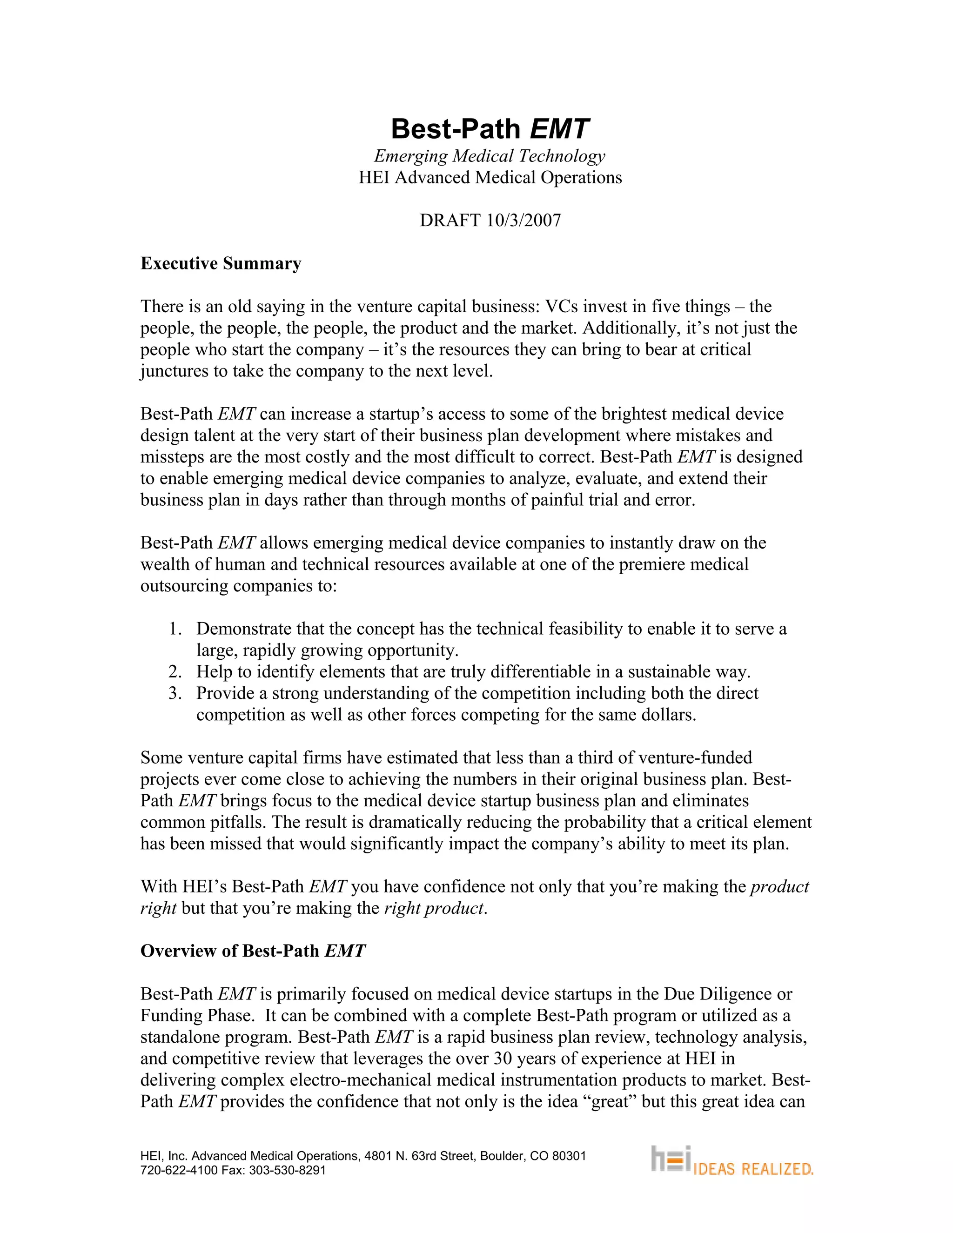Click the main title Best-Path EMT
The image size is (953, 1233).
coord(490,129)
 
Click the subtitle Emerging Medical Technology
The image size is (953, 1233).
coord(490,156)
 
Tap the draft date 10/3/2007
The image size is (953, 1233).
coord(523,220)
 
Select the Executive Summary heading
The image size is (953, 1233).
coord(221,264)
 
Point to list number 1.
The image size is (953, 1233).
coord(175,629)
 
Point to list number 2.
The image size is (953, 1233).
coord(175,672)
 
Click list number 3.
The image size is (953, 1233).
coord(175,693)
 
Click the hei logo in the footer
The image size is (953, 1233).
coord(671,1159)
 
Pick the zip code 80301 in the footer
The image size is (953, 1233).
coord(569,1156)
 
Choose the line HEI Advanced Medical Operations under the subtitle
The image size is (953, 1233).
coord(490,177)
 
